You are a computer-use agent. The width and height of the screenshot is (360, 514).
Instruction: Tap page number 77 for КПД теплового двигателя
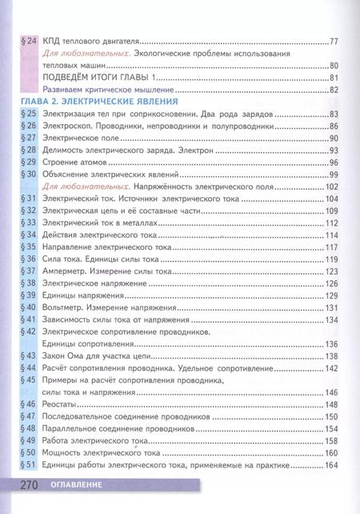(x=335, y=41)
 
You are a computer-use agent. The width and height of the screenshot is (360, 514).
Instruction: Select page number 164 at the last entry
(x=333, y=467)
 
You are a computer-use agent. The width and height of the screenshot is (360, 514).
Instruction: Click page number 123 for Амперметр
(x=333, y=271)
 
